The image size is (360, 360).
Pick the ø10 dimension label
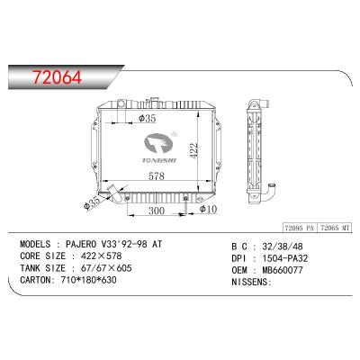[x=208, y=210]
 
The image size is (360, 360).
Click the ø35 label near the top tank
[x=148, y=117]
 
